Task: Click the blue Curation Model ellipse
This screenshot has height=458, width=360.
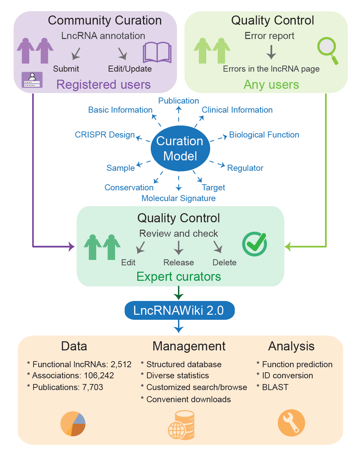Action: coord(180,148)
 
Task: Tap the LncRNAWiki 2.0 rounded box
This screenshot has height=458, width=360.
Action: coord(179,310)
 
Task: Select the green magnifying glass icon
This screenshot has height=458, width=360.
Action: coord(327,49)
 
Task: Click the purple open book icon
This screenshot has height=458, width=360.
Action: coord(157,52)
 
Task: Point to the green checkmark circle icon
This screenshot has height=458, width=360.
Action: coord(255,244)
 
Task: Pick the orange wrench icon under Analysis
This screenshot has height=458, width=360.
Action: coord(291,423)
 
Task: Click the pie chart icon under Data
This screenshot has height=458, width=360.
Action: coord(73,424)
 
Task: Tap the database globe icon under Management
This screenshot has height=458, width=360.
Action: coord(181,425)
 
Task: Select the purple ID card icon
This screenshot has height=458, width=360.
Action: coord(32,80)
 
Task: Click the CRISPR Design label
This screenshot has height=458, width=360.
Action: coord(105,135)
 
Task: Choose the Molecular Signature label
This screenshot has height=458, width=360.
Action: coord(178,198)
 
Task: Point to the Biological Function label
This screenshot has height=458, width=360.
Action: coord(264,135)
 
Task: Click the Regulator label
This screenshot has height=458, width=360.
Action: coord(245,168)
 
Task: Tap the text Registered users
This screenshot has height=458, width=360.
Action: coord(103,85)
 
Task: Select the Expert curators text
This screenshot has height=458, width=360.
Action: coord(179,277)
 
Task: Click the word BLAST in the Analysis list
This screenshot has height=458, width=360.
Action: coord(275,387)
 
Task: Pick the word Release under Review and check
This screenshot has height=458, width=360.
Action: coord(179,263)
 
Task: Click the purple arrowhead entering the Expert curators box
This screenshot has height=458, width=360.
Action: coord(72,246)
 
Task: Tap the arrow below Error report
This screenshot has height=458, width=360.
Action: coord(271,52)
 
